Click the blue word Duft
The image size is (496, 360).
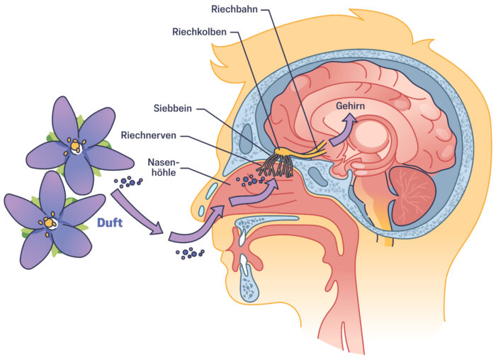point(110,224)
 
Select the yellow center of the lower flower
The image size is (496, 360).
point(49,223)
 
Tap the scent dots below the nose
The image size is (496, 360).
point(189,252)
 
